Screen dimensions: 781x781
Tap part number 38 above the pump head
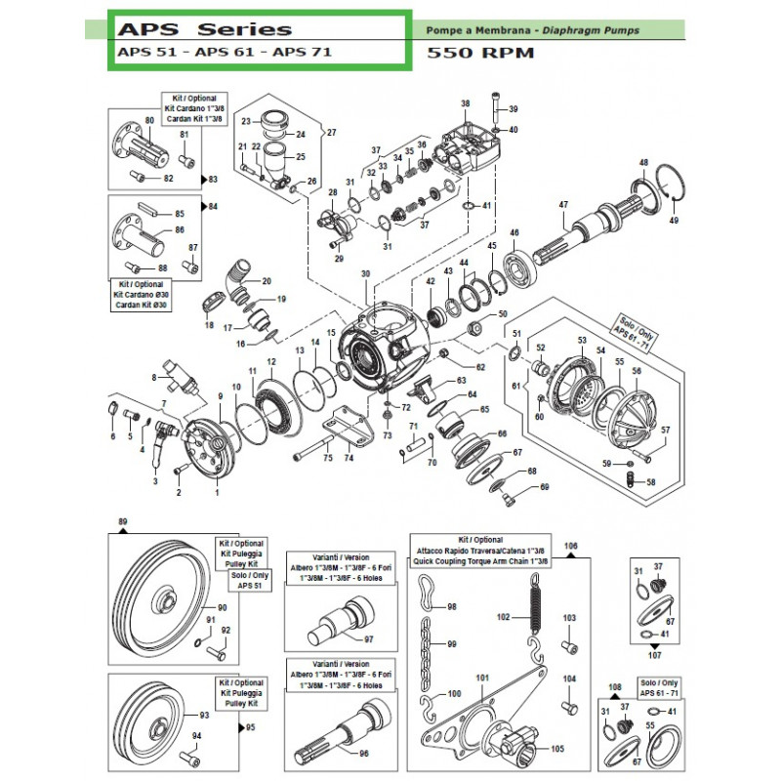pos(466,103)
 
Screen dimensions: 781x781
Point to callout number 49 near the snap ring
pos(673,221)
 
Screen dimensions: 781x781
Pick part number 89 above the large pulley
pos(122,523)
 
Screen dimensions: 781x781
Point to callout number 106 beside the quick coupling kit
pos(572,545)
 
